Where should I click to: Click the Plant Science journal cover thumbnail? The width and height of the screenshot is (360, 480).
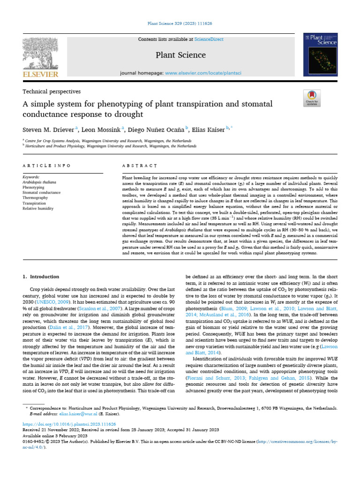point(320,55)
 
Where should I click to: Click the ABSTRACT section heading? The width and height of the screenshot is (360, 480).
point(139,166)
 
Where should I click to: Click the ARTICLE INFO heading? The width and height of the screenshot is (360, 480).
point(47,166)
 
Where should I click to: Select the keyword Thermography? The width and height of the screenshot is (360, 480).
point(35,198)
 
